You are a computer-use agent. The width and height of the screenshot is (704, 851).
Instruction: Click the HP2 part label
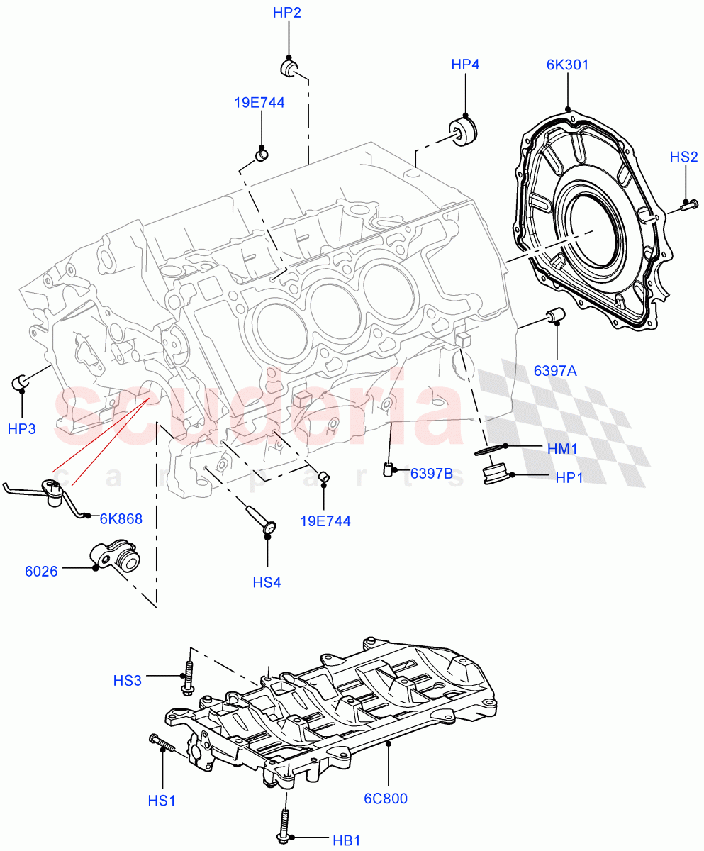[288, 13]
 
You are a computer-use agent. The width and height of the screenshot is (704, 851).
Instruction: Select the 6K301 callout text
[567, 65]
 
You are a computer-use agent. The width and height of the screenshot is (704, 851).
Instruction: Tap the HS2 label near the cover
[684, 157]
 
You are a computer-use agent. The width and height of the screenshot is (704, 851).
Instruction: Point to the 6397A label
[556, 370]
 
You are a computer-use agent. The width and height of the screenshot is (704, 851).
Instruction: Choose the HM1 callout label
[564, 448]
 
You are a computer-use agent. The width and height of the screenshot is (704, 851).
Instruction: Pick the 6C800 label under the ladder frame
[386, 799]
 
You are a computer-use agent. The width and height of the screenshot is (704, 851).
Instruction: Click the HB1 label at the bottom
[347, 841]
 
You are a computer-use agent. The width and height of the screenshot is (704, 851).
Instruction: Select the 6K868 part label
[121, 518]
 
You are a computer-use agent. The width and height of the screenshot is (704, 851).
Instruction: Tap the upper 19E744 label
[259, 103]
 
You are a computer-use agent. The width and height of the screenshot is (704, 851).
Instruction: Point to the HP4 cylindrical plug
[464, 133]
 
